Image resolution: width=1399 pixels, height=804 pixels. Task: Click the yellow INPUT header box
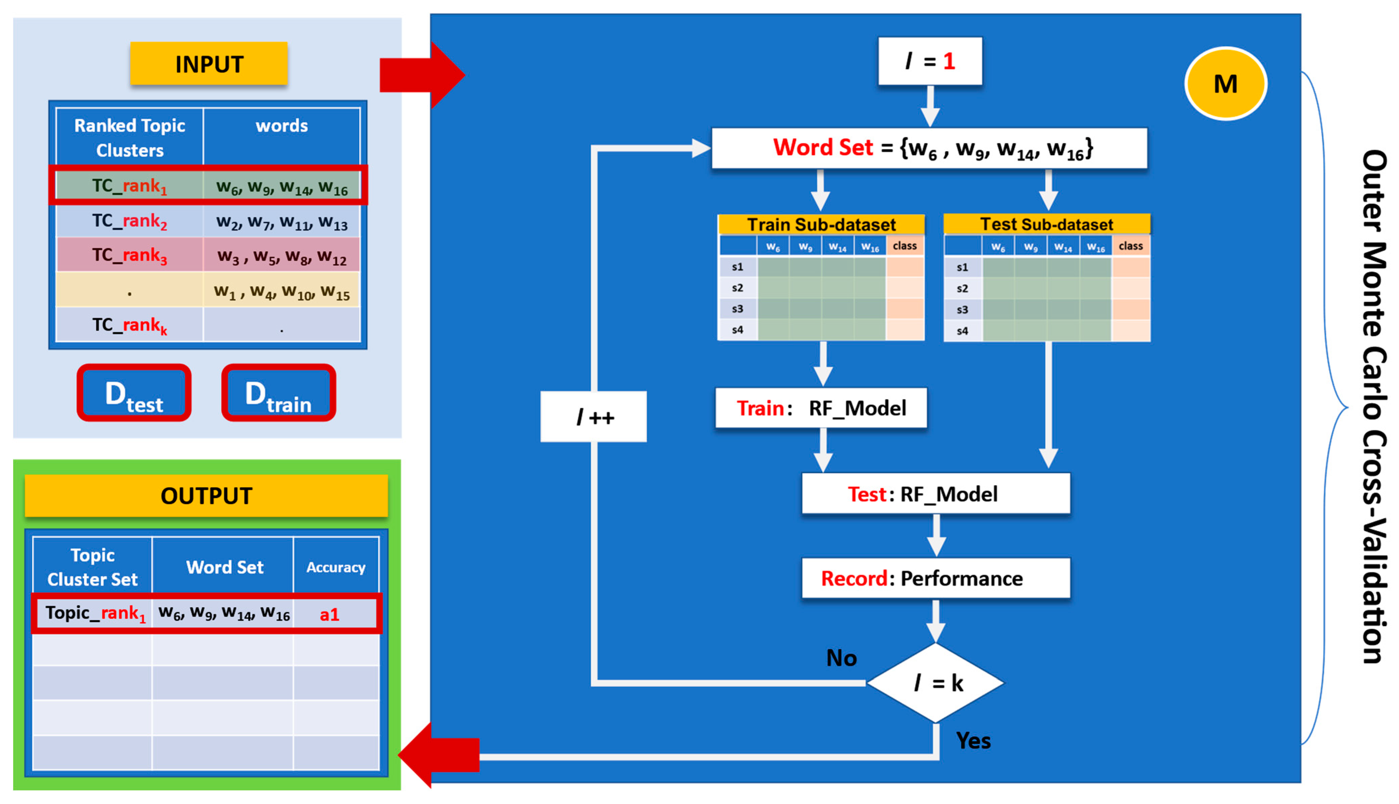[x=209, y=64]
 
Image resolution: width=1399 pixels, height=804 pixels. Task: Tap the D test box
[x=134, y=393]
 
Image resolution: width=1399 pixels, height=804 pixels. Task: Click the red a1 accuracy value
[x=330, y=614]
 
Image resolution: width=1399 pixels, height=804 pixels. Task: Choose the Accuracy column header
[x=336, y=567]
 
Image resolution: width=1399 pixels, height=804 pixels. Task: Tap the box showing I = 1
[x=930, y=61]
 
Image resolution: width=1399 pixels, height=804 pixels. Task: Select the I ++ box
[x=594, y=417]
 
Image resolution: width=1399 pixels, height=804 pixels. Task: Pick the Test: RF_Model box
[x=936, y=494]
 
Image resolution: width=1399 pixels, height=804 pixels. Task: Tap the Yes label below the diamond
[x=973, y=740]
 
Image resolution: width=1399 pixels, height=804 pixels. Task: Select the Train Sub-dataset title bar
[x=821, y=224]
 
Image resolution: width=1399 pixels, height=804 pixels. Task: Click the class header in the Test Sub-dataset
[x=1130, y=246]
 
